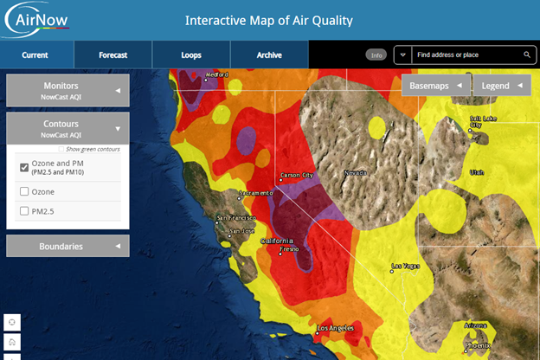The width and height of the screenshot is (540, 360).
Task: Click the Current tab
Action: click(x=35, y=55)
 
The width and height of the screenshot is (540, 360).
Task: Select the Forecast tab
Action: click(x=112, y=55)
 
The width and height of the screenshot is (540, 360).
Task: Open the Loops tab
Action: click(x=190, y=55)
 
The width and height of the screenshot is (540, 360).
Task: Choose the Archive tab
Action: click(x=269, y=55)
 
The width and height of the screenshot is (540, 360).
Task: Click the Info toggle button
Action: click(x=376, y=55)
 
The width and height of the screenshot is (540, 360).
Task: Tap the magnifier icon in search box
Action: click(x=527, y=55)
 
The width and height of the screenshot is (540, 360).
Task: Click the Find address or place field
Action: click(x=467, y=55)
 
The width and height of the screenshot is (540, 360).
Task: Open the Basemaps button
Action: click(x=434, y=86)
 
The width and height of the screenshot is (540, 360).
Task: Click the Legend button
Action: click(x=502, y=86)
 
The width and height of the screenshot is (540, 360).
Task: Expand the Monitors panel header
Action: click(x=67, y=90)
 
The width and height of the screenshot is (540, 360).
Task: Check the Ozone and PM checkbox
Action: click(x=24, y=167)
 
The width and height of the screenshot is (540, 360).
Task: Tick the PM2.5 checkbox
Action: click(x=24, y=210)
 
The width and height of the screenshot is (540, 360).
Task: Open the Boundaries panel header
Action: click(x=67, y=246)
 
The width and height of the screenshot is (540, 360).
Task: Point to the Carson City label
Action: click(x=295, y=175)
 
